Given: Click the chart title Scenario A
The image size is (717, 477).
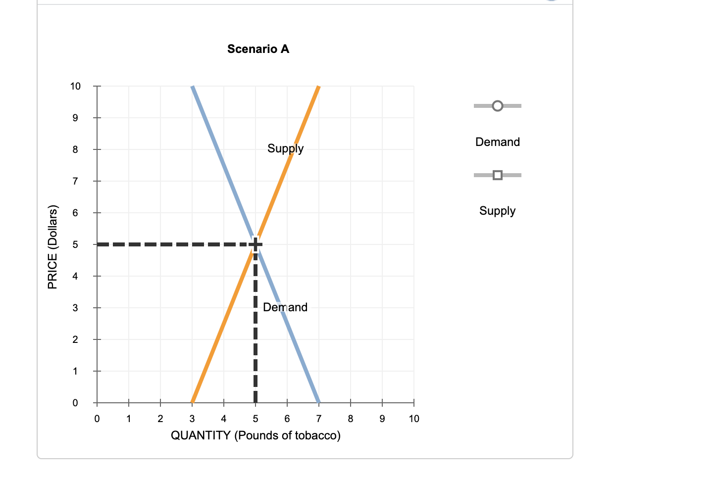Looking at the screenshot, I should click(x=258, y=49).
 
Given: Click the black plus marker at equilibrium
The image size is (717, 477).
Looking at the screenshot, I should click(x=255, y=244).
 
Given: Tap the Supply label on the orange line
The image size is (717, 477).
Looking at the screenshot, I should click(x=285, y=148).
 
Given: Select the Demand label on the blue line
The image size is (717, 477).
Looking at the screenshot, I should click(x=285, y=307).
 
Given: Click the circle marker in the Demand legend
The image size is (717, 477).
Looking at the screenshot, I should click(x=498, y=106).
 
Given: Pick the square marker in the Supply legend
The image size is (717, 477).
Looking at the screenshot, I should click(x=498, y=175).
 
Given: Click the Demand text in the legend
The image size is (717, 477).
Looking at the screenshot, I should click(x=497, y=142).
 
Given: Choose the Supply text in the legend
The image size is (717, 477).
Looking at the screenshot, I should click(x=497, y=211).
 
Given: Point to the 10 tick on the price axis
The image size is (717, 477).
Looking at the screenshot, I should click(x=75, y=86).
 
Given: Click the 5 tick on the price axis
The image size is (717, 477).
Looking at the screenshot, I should click(x=75, y=244).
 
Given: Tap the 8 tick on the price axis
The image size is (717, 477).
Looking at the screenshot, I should click(x=75, y=149).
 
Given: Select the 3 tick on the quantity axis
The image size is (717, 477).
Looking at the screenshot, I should click(x=192, y=419).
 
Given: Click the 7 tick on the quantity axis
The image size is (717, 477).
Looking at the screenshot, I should click(x=319, y=419).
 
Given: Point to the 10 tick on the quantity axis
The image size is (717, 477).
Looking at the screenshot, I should click(x=414, y=419).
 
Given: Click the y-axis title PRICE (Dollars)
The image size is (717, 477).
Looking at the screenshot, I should click(x=52, y=247).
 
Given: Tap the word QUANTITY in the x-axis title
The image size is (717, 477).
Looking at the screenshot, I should click(x=201, y=435).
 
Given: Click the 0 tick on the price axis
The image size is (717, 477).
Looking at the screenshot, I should click(x=75, y=403).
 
